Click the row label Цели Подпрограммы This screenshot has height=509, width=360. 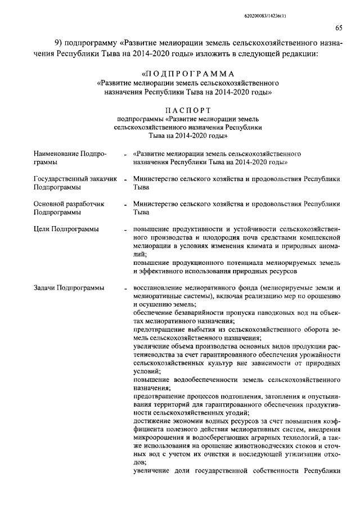pos(66,229)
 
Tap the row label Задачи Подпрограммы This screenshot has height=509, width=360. pos(68,287)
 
